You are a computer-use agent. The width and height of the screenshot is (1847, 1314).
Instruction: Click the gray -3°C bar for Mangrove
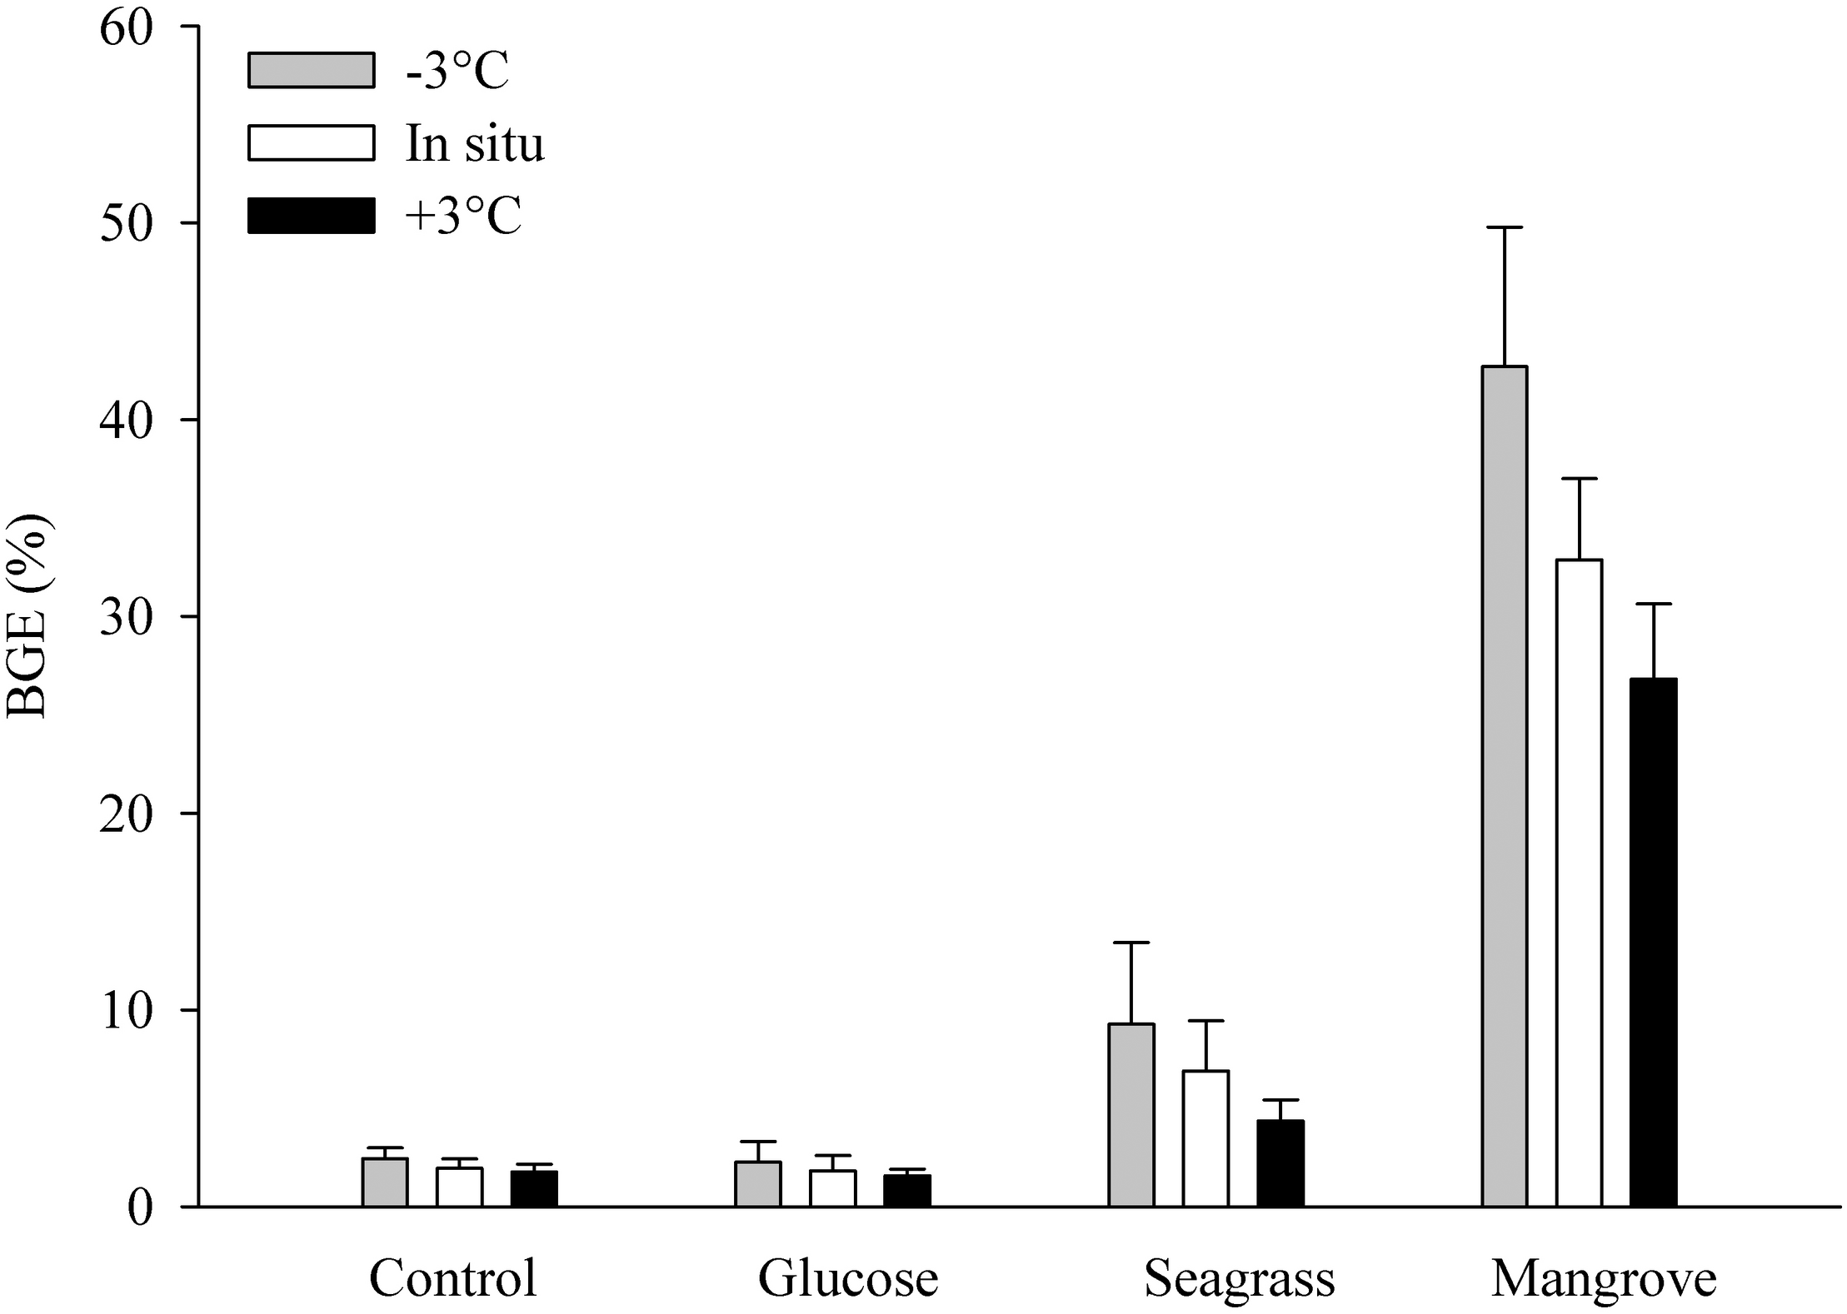click(1504, 786)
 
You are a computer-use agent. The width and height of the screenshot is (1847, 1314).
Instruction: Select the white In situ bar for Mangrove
click(1579, 883)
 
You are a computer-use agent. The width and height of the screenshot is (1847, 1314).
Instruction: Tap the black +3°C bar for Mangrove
click(1653, 942)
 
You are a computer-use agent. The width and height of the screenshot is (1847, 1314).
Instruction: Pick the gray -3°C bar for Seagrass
click(1131, 1115)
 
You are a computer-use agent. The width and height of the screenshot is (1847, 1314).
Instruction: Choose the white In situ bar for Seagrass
click(1206, 1138)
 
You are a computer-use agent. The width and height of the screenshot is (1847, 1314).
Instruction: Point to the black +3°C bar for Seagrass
click(1280, 1163)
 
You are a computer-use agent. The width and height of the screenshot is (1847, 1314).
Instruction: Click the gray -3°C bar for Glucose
click(758, 1184)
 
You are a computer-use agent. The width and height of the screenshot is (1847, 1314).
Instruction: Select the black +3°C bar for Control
click(534, 1189)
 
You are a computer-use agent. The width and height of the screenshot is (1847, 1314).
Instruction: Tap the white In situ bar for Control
click(459, 1187)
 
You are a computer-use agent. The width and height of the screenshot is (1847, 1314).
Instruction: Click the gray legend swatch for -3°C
click(311, 70)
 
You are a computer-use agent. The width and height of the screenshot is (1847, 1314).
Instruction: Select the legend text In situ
click(475, 143)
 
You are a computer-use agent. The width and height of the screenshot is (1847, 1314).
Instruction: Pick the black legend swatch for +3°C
click(311, 216)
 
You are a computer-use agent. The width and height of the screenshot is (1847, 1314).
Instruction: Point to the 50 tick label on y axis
click(127, 223)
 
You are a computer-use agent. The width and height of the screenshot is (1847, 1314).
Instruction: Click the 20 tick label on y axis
click(127, 814)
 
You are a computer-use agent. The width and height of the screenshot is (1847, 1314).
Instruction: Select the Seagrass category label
click(1240, 1278)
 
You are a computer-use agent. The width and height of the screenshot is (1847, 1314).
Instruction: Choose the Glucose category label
click(848, 1278)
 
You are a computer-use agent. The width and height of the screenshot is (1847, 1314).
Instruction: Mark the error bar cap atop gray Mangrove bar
click(1504, 227)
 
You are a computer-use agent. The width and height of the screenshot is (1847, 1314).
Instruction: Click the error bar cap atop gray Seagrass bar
click(1131, 943)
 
